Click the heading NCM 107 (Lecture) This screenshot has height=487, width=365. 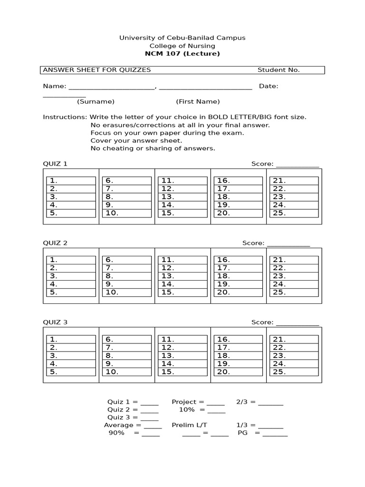pyautogui.click(x=182, y=54)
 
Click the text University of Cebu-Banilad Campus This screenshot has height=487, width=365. pyautogui.click(x=182, y=38)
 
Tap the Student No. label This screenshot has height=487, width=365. pyautogui.click(x=279, y=70)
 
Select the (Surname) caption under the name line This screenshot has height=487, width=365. pyautogui.click(x=96, y=101)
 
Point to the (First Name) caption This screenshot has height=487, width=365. pyautogui.click(x=198, y=101)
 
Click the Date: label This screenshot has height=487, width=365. pyautogui.click(x=269, y=86)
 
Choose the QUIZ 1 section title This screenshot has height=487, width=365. pyautogui.click(x=55, y=164)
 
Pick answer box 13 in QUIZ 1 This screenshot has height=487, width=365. pyautogui.click(x=182, y=197)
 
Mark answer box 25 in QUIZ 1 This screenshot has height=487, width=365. pyautogui.click(x=294, y=213)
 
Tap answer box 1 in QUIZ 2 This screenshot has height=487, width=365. pyautogui.click(x=71, y=260)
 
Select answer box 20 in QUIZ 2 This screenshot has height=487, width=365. pyautogui.click(x=238, y=292)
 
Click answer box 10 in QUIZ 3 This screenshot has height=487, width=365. pyautogui.click(x=127, y=372)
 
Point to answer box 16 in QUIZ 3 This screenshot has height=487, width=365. pyautogui.click(x=238, y=340)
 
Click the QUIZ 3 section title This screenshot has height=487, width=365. pyautogui.click(x=55, y=322)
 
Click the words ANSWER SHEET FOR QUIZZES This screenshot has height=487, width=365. pyautogui.click(x=97, y=70)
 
